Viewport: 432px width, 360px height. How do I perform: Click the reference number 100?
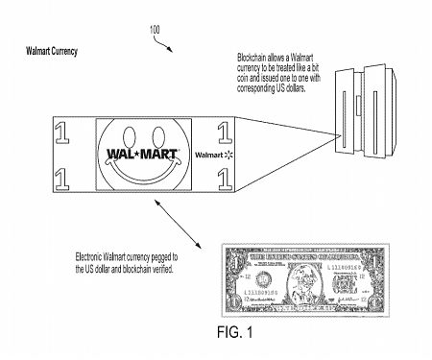pyautogui.click(x=156, y=29)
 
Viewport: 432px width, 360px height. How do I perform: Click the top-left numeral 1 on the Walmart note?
pyautogui.click(x=62, y=129)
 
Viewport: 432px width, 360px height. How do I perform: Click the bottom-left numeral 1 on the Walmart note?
pyautogui.click(x=62, y=176)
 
